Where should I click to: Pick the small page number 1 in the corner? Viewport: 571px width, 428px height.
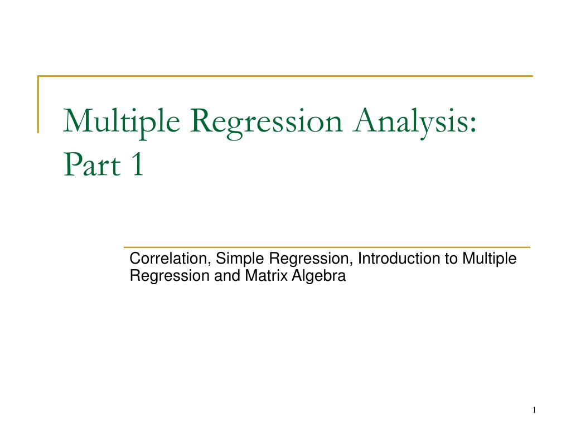click(x=534, y=411)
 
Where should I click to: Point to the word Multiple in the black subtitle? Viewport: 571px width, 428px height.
click(x=489, y=259)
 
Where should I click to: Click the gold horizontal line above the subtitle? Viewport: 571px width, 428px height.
click(x=326, y=247)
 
